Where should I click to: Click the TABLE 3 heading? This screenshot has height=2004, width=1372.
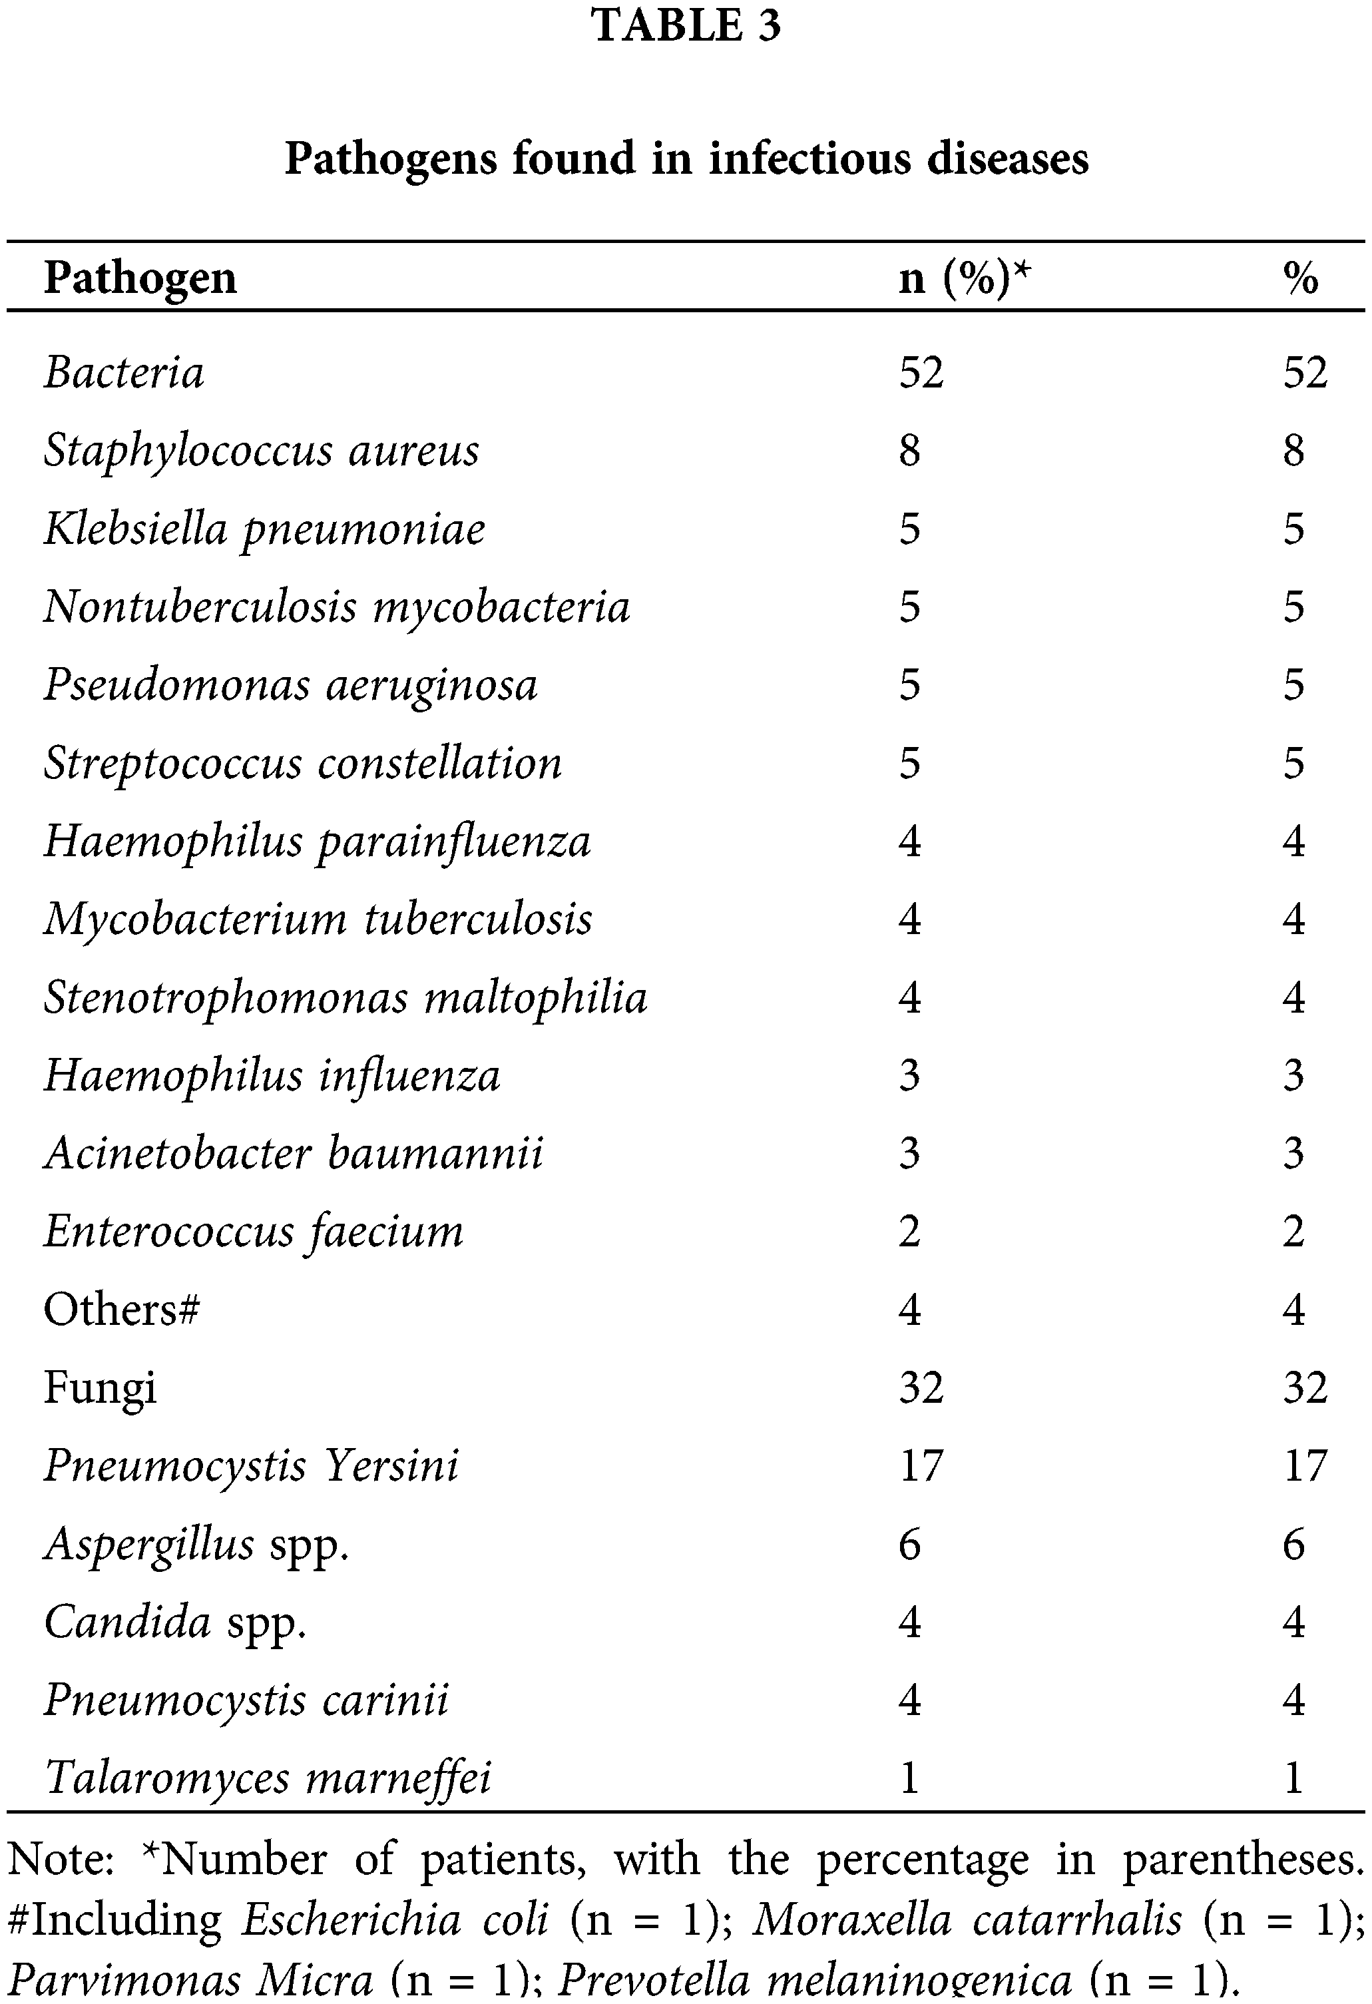coord(686,25)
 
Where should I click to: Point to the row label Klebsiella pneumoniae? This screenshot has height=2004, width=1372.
coord(264,529)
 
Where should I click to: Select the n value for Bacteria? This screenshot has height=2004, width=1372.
coord(921,373)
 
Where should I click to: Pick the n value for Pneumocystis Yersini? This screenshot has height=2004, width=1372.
coord(921,1466)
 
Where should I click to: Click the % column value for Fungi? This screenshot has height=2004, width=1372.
coord(1305,1387)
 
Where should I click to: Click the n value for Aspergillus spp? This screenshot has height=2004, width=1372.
coord(910,1545)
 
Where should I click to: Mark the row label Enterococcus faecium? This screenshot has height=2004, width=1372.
coord(254,1232)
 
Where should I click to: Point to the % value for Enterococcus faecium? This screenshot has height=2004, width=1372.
coord(1293,1232)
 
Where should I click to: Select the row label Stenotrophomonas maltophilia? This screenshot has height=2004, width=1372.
coord(345,998)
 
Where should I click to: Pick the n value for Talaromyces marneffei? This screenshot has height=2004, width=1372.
coord(910,1778)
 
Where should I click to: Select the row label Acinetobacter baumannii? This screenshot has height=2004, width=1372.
coord(293,1154)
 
